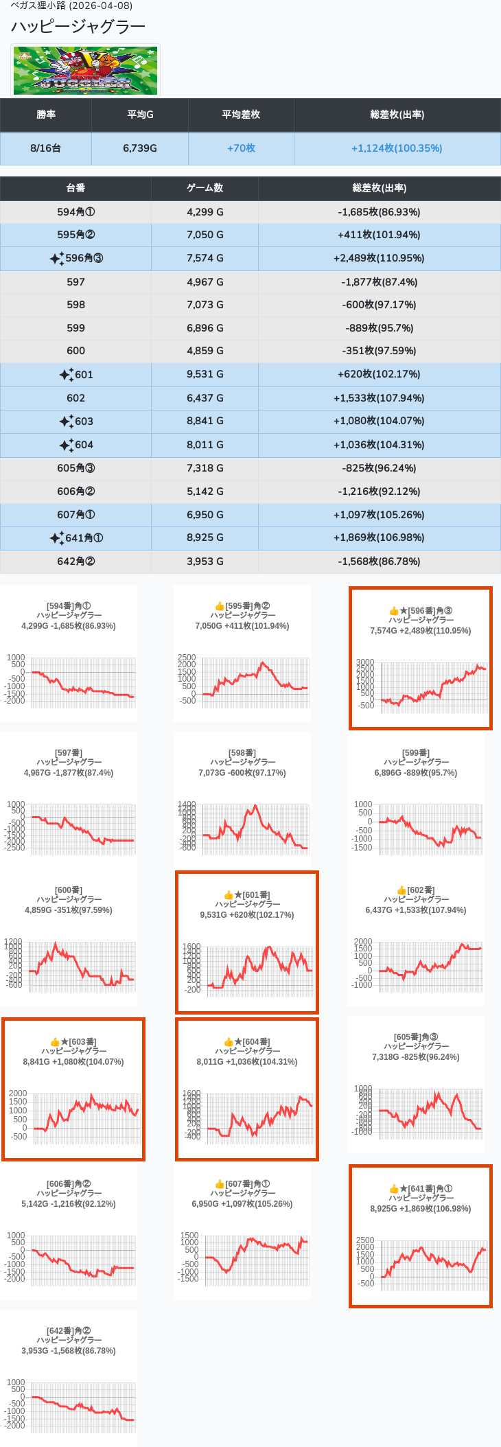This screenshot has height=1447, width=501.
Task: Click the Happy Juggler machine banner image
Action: [85, 71]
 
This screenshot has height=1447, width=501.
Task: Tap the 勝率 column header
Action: [46, 115]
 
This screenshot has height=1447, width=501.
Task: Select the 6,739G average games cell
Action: [140, 148]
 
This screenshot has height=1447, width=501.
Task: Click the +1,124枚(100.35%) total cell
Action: [397, 148]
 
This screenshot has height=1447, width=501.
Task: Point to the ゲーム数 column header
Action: [205, 188]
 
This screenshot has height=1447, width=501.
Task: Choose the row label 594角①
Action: [75, 212]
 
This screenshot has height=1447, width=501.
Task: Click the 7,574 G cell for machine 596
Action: [205, 258]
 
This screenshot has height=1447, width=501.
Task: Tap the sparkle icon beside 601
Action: [66, 375]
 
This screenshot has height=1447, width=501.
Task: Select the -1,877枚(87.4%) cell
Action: [379, 282]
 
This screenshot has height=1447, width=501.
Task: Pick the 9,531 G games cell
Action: [205, 374]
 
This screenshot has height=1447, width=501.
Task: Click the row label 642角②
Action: [75, 562]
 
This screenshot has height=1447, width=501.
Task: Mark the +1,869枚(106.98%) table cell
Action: [379, 537]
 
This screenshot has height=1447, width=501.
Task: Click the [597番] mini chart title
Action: [69, 753]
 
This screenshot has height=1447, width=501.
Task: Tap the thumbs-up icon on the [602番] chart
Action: [401, 890]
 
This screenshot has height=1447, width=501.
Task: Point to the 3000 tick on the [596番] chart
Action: [365, 662]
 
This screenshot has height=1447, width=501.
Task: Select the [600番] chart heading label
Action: [69, 890]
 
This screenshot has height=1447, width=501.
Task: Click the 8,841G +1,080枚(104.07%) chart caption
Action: [73, 1062]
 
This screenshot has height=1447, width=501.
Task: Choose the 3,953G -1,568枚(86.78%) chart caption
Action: [69, 1351]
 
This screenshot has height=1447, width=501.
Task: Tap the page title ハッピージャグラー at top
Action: [78, 27]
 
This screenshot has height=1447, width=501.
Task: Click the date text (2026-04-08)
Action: [101, 5]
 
